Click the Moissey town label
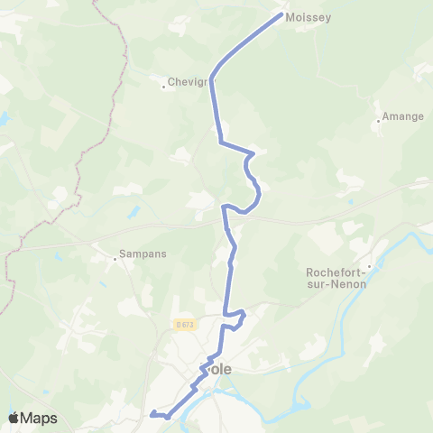(x=308, y=17)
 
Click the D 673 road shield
(x=184, y=325)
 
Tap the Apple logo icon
(x=13, y=418)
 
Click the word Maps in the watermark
(x=40, y=418)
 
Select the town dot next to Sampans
(x=115, y=258)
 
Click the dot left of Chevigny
(x=164, y=87)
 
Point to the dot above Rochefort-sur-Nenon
(x=369, y=266)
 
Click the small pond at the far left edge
(x=4, y=118)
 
